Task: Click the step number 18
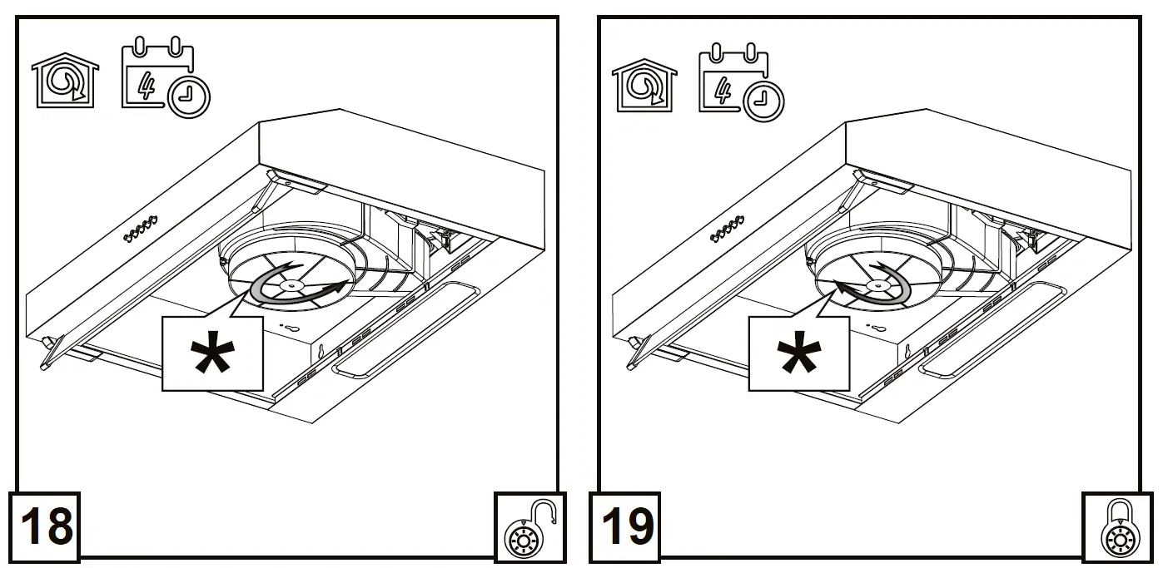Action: [x=46, y=526]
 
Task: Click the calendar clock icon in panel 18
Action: [x=164, y=80]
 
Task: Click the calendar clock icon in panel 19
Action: [x=740, y=81]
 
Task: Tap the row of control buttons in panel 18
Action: [x=141, y=230]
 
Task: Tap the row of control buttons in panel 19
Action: [x=726, y=231]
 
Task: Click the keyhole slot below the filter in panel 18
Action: [x=291, y=328]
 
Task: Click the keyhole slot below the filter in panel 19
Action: [x=877, y=328]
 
